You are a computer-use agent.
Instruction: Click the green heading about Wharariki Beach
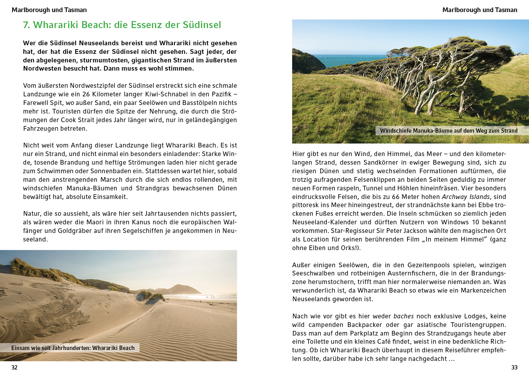coord(122,25)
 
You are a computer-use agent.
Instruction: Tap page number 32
coord(14,368)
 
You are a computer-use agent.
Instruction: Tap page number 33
coord(514,368)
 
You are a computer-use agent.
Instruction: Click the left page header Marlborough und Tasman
coord(49,10)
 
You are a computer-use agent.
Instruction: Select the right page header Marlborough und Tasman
coord(480,10)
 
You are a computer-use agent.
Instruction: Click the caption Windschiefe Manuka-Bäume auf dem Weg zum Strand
coord(449,131)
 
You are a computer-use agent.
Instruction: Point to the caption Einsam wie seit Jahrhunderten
coord(73,348)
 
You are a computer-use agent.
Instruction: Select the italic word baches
coord(403,316)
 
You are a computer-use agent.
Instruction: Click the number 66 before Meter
coord(396,197)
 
